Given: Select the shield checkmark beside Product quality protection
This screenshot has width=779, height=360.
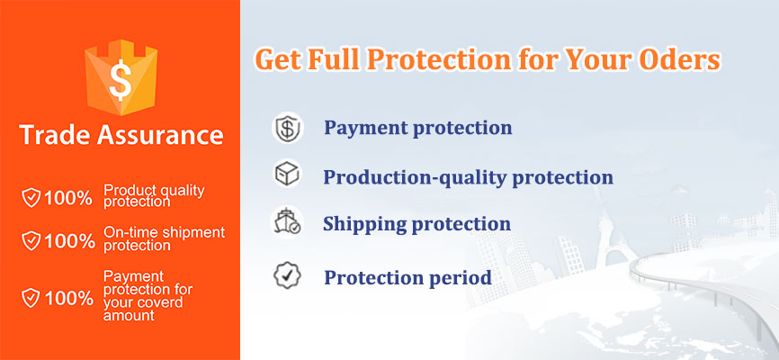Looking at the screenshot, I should tap(31, 198).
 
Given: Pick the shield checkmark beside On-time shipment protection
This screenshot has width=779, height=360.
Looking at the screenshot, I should tap(31, 240).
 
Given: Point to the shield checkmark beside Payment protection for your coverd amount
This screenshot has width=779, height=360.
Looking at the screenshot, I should tap(31, 297).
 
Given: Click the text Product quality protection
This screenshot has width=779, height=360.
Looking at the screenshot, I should tap(154, 195).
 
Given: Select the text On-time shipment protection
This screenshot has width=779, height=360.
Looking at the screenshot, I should tap(163, 238).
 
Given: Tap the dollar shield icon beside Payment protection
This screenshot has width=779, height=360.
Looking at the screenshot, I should tap(288, 129).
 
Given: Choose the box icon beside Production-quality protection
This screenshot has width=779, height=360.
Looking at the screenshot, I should tap(287, 175).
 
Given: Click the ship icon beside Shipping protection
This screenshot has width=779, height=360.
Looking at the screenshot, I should tap(287, 222).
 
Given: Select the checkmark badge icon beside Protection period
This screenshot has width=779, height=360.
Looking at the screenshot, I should tap(287, 275).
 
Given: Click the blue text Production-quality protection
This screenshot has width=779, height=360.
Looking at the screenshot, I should tap(468, 177).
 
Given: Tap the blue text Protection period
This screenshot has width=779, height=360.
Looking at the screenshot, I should tap(407, 277).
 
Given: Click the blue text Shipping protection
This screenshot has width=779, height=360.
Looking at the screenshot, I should tap(416, 224).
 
